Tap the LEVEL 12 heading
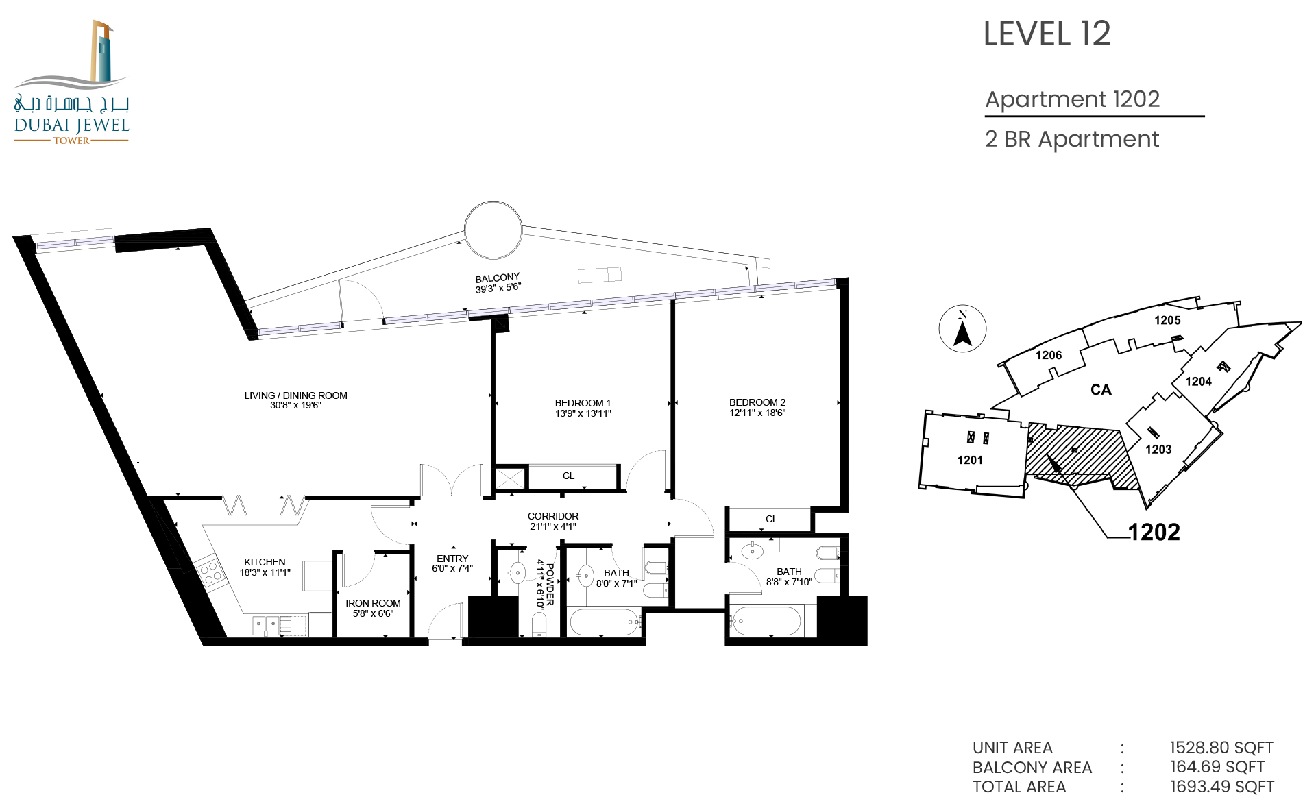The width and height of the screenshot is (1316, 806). click(1047, 34)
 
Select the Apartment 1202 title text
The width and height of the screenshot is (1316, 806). click(1072, 99)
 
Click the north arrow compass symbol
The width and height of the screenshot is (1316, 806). click(962, 328)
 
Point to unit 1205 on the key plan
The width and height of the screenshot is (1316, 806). click(1167, 320)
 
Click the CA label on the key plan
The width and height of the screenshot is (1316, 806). click(1101, 390)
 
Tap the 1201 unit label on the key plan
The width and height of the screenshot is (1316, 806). click(970, 460)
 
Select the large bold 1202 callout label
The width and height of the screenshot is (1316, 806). click(1154, 532)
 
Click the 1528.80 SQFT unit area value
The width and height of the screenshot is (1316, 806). click(1221, 748)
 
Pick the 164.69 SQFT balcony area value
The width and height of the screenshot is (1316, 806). click(1217, 767)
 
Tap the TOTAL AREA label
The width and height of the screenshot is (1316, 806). click(1019, 787)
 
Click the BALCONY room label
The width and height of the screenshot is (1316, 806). click(498, 278)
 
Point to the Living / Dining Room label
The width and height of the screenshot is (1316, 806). click(295, 395)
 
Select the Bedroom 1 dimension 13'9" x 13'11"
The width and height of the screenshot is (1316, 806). click(583, 413)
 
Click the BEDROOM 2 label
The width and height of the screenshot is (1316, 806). click(757, 402)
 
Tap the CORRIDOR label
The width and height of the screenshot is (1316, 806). click(553, 516)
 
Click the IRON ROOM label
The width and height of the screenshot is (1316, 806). click(373, 603)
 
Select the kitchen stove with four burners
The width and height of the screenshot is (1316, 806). click(210, 572)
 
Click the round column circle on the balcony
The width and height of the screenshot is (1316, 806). click(493, 230)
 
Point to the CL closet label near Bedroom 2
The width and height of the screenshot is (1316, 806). click(772, 519)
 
